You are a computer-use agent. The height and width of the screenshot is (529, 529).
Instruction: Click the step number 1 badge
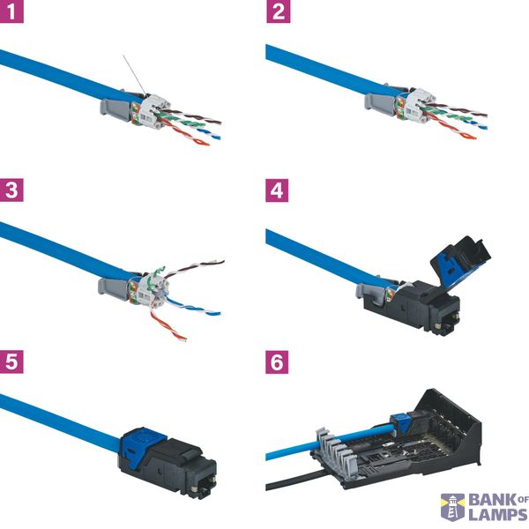coord(11,11)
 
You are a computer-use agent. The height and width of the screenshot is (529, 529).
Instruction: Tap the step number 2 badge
coord(279,11)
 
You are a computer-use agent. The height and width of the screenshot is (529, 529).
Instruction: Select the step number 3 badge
coord(11,190)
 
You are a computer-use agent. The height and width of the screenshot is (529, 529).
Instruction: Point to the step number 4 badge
coord(277,190)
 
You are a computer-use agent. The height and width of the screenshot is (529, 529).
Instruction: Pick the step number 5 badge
coord(11,361)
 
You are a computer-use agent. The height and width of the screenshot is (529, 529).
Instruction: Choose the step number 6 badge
coord(277,362)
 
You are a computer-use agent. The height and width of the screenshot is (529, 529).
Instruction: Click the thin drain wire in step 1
coord(135,75)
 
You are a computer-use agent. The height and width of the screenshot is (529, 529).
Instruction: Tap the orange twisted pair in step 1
coord(184,132)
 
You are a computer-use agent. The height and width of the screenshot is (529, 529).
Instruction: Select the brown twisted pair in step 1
coord(190,115)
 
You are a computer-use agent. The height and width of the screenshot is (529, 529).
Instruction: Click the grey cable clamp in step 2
coord(380,101)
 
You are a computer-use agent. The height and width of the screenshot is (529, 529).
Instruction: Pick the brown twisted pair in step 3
coord(194,269)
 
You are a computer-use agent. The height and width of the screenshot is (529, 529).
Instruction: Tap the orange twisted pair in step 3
coord(168,326)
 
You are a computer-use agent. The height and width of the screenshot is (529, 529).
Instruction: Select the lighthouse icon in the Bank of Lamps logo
coord(453,507)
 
